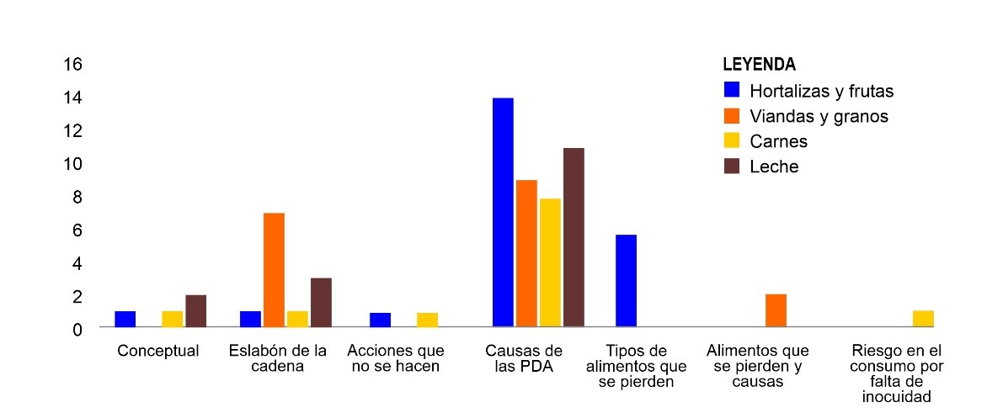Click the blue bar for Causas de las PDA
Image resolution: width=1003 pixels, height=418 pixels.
tap(503, 212)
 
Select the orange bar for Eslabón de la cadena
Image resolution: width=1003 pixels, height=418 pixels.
tap(274, 270)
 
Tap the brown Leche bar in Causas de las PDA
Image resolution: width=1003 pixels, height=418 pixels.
tap(574, 237)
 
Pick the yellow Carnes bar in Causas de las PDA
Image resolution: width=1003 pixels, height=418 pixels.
tap(550, 262)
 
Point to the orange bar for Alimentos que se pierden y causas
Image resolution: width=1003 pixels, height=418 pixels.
tap(776, 310)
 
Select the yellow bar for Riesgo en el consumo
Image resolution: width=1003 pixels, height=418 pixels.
tap(923, 319)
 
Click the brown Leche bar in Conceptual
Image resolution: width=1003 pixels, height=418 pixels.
tap(196, 311)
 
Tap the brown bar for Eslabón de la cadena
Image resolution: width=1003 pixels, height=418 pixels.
tap(321, 302)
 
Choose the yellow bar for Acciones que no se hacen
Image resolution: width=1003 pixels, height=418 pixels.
tap(427, 320)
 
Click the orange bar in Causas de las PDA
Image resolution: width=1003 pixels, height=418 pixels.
tap(526, 253)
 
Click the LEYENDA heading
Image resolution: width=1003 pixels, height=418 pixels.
tap(760, 65)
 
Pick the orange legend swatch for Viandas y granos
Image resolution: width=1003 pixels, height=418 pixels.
tap(732, 116)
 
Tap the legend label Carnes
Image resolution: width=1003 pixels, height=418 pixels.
tap(778, 141)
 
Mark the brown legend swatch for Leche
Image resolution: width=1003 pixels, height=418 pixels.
tap(732, 167)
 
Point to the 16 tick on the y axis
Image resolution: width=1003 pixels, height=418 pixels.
tap(72, 65)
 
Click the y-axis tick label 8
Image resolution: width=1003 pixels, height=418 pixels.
tap(77, 197)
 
